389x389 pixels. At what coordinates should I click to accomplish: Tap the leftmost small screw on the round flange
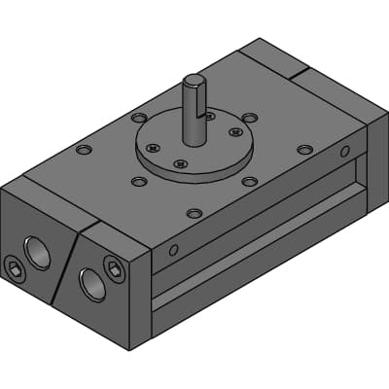point(152,148)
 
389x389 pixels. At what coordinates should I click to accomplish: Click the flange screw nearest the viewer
point(180,165)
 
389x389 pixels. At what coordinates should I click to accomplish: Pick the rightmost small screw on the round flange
point(234,131)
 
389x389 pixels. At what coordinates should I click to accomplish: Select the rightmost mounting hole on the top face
point(305,150)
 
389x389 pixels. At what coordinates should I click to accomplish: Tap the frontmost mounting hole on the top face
point(194,212)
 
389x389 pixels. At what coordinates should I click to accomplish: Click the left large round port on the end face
point(40,252)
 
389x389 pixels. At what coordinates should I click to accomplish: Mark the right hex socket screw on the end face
point(114,268)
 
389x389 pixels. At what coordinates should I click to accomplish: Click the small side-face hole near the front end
point(173,250)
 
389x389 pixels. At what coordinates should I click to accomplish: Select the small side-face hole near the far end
point(344,151)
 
